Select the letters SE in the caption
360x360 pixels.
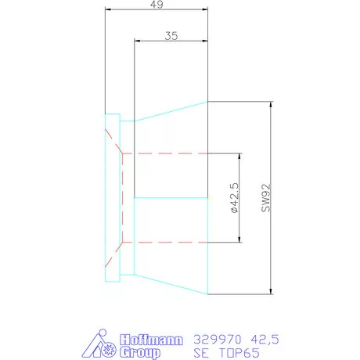(x=201, y=353)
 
